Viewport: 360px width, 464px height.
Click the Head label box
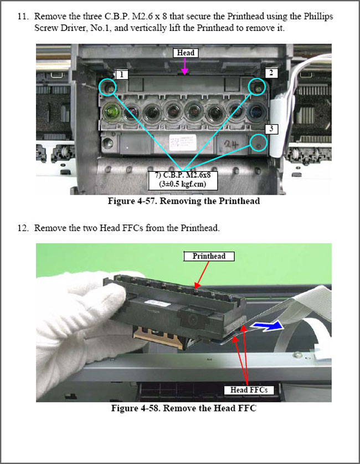point(186,53)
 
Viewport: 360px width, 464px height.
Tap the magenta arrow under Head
point(185,67)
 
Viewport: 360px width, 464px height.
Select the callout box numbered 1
point(122,75)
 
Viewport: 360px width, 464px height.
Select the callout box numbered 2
point(271,73)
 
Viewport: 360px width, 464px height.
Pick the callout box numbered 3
point(271,129)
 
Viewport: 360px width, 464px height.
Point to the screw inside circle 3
point(259,146)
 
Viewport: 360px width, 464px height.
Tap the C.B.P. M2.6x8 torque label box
point(183,180)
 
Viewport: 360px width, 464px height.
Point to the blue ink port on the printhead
point(256,112)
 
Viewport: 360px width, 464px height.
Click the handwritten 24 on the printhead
point(231,145)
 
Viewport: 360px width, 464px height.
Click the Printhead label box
point(209,256)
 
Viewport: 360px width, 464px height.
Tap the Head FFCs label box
point(249,390)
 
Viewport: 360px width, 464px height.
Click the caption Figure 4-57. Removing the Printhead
point(184,201)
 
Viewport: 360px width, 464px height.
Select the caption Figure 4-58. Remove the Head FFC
point(184,408)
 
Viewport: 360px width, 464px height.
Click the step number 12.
point(23,228)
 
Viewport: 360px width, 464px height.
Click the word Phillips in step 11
point(318,16)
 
